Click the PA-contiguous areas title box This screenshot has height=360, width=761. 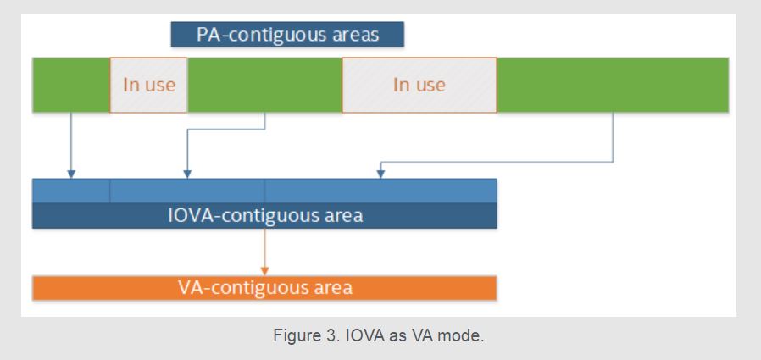point(287,35)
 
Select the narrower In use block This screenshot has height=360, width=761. point(148,85)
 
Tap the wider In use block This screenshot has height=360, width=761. point(419,85)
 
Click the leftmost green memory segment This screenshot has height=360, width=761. point(71,85)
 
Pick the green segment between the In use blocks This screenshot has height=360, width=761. point(265,85)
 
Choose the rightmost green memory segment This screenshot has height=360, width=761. point(613,85)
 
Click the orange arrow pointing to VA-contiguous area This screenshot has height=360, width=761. point(264,252)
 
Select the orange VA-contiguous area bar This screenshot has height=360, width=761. point(264,288)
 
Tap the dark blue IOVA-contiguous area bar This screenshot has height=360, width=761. point(264,215)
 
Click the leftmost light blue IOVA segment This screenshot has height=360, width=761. point(71,191)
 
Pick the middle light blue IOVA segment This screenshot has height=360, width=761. point(187,191)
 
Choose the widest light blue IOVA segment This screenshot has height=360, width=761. point(381,191)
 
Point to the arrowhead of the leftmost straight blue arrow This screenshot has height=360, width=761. point(71,174)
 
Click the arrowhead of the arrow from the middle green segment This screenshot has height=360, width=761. point(187,174)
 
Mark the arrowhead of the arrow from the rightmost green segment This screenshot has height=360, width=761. point(381,174)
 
